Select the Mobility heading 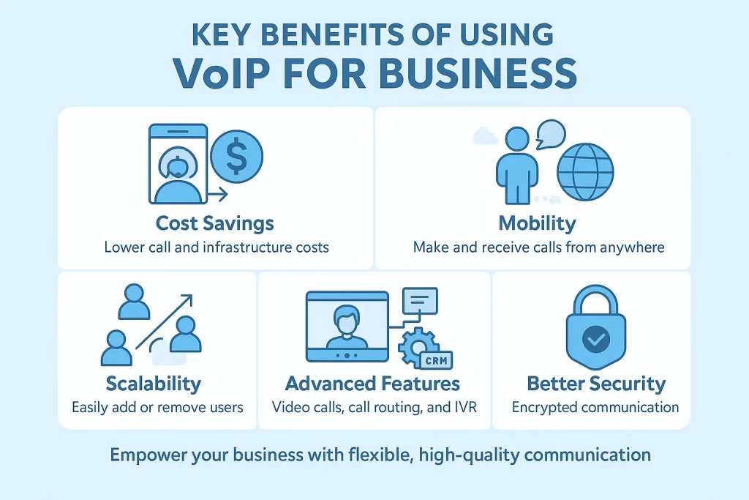[537, 223]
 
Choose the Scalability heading [153, 384]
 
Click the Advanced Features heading [373, 384]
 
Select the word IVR [463, 407]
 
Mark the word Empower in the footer [143, 455]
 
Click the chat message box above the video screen [419, 299]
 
